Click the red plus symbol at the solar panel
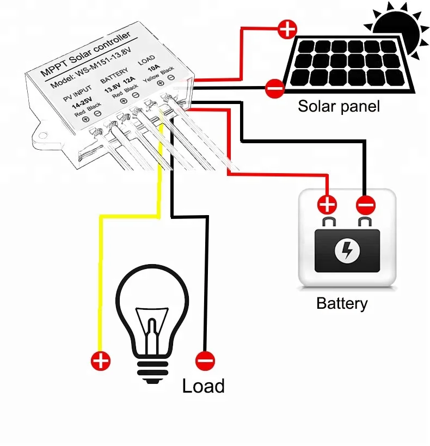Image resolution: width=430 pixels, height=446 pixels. click(x=287, y=28)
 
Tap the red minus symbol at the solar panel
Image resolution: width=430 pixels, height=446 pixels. click(x=274, y=87)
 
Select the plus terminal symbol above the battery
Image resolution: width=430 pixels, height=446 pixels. click(x=327, y=205)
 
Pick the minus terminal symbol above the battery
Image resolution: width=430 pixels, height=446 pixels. click(x=365, y=205)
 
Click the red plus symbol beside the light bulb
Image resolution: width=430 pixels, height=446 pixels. click(x=100, y=360)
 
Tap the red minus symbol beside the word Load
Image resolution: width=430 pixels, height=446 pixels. click(x=205, y=360)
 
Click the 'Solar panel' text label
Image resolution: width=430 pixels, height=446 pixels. click(x=339, y=106)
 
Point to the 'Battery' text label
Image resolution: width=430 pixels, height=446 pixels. click(x=342, y=303)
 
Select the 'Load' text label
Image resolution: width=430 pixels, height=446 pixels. click(x=203, y=386)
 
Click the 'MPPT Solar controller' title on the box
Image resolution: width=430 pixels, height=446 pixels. click(x=86, y=54)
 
